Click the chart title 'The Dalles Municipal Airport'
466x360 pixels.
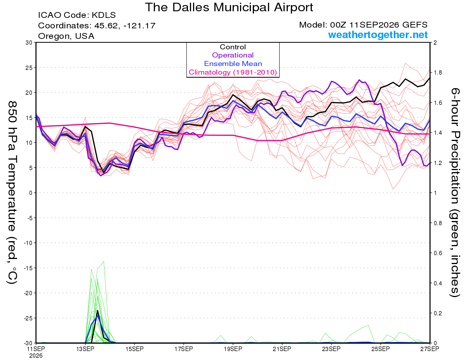click(229, 7)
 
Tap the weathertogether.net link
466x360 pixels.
click(378, 35)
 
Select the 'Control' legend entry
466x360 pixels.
click(233, 47)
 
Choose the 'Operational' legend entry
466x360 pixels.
click(233, 55)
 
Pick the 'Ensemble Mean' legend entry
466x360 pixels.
click(233, 64)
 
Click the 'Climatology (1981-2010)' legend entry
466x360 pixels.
click(233, 72)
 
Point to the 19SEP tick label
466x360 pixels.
click(233, 349)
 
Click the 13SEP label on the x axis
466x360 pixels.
click(85, 349)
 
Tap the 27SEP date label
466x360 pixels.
click(429, 349)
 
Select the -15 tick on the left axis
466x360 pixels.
click(28, 268)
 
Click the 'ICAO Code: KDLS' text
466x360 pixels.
click(77, 15)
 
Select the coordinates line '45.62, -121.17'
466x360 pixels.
click(125, 26)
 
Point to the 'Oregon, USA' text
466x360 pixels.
click(66, 36)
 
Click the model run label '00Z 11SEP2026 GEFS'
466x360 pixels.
click(379, 25)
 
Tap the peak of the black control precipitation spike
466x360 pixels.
click(97, 310)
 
